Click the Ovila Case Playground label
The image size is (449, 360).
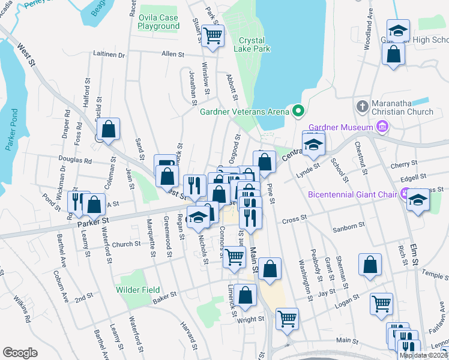158,22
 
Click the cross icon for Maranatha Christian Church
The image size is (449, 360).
362,106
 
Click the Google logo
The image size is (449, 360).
20,353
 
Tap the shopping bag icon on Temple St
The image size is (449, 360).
370,265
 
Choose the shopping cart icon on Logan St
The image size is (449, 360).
381,304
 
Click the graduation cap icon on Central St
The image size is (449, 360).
313,145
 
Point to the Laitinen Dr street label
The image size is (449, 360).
109,54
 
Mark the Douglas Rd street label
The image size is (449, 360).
76,161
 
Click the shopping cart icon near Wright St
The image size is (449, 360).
288,319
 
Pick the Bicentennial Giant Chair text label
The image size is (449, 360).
354,194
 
